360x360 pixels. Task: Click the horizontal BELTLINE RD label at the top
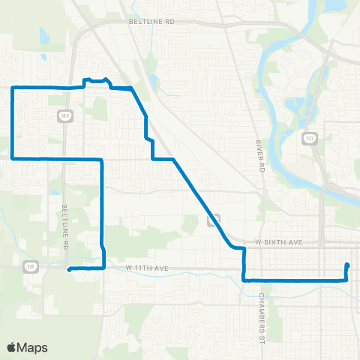151,22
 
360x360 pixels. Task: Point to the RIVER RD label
260,153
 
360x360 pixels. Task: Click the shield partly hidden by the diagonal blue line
213,219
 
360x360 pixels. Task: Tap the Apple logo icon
12,347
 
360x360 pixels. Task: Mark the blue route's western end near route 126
68,269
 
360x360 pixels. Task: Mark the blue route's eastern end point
347,265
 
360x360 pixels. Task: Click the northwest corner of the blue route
12,88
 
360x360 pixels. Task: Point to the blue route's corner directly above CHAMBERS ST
244,280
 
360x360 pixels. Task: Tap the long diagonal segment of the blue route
199,198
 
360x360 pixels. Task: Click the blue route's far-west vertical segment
12,124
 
